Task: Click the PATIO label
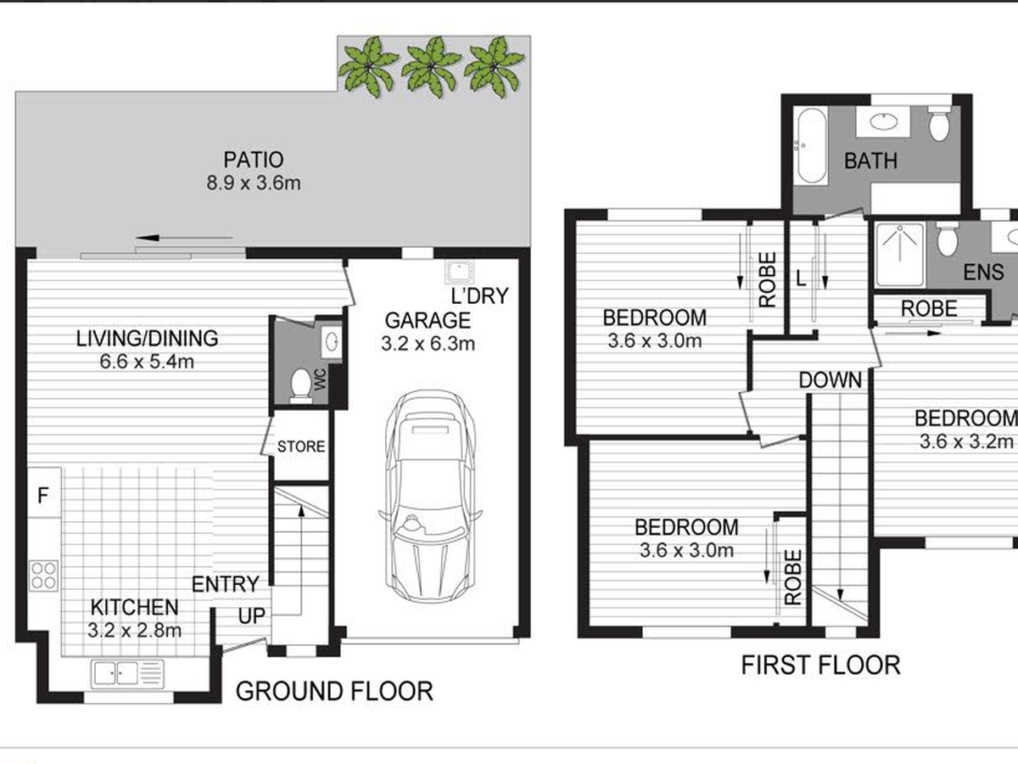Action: tap(253, 160)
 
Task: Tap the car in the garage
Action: tap(430, 497)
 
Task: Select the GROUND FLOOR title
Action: tap(334, 691)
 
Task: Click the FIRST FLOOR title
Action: tap(820, 666)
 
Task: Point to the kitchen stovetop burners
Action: tap(43, 576)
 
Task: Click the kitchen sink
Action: tap(127, 673)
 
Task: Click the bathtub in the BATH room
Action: tap(812, 147)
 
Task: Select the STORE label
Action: tap(301, 447)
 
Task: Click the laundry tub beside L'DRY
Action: tap(459, 272)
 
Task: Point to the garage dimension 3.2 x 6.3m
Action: tap(428, 344)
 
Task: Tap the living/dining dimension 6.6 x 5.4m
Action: tap(147, 362)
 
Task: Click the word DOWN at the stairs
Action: tap(831, 380)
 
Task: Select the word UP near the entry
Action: tap(252, 616)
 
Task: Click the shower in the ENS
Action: tap(900, 254)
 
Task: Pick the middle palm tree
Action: tap(431, 68)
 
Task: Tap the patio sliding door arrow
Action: tap(184, 238)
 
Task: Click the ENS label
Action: tap(983, 272)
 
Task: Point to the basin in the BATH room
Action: tap(883, 121)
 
